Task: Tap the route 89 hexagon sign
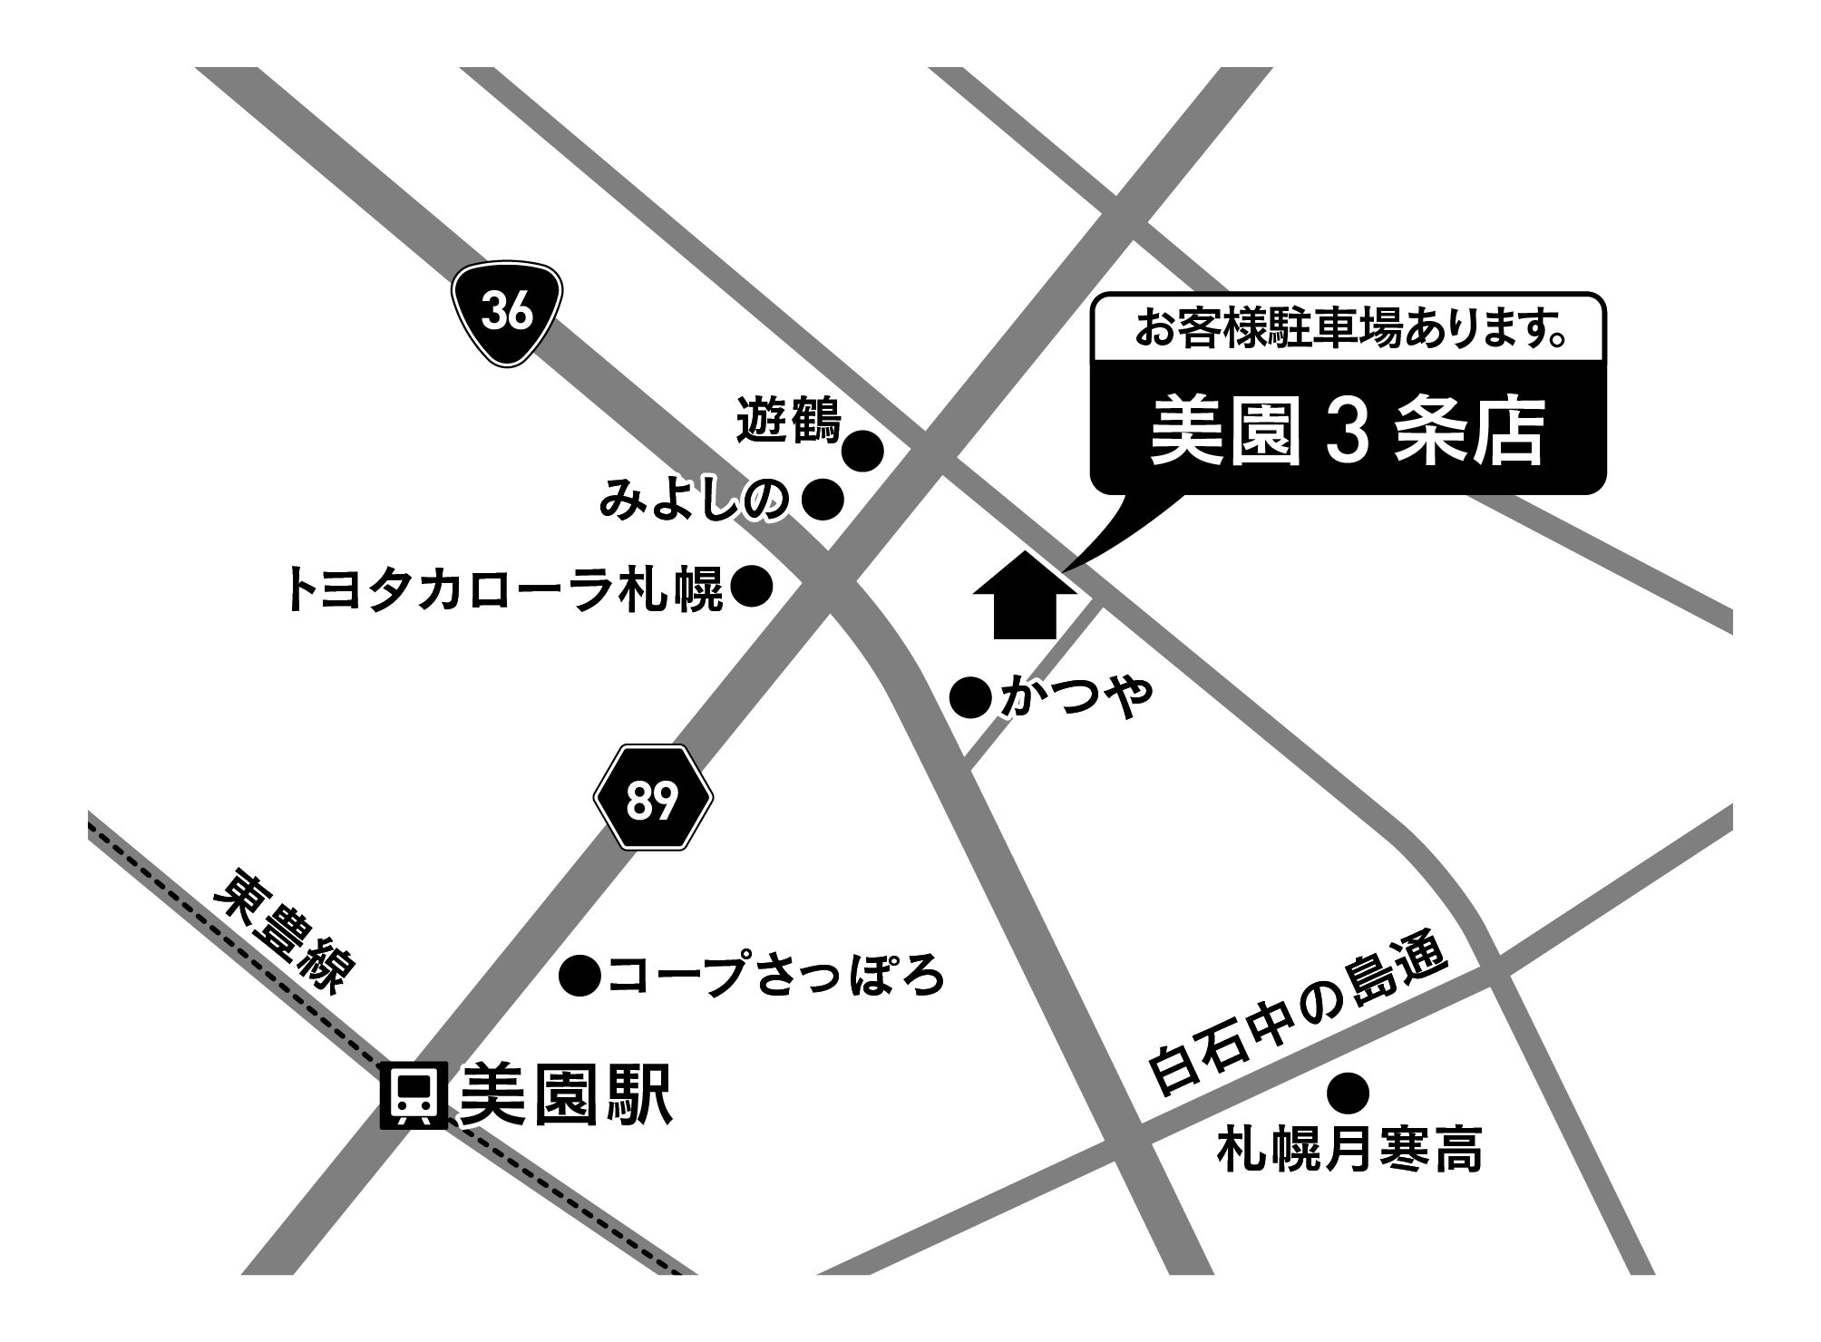click(x=653, y=798)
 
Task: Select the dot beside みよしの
click(x=824, y=500)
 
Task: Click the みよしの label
click(x=695, y=501)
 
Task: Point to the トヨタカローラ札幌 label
click(x=504, y=589)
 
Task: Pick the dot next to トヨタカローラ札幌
click(x=752, y=588)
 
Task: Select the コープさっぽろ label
click(x=776, y=977)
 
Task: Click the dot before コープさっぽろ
click(x=580, y=977)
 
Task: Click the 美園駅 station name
click(x=566, y=1094)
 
